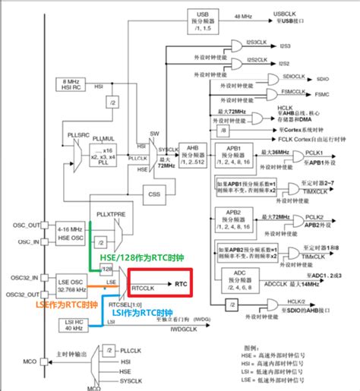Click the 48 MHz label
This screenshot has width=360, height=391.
(242, 15)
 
